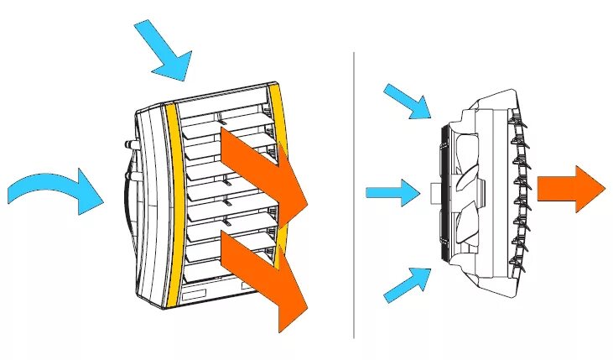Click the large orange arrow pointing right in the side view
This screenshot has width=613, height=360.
point(569,189)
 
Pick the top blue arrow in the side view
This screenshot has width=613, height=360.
point(408,101)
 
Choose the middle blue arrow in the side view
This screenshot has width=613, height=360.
point(392,193)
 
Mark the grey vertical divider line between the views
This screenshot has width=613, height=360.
point(354,193)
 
